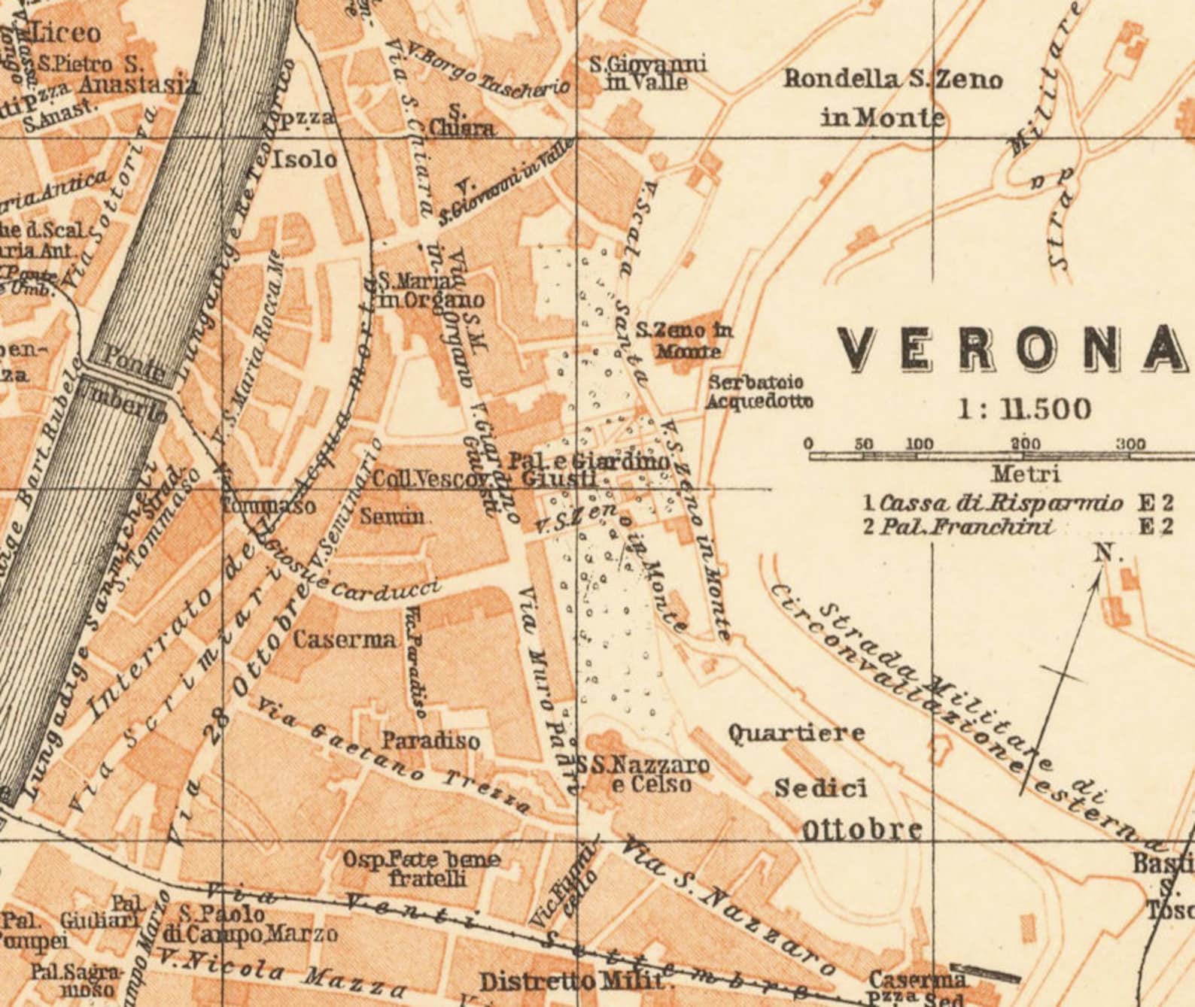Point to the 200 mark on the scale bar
point(1025,444)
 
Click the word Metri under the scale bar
point(1025,474)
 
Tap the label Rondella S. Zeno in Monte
point(892,98)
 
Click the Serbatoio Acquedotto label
point(759,392)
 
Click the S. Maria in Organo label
point(430,290)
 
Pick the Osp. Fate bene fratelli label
point(421,868)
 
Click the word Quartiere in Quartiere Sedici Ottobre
point(796,733)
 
